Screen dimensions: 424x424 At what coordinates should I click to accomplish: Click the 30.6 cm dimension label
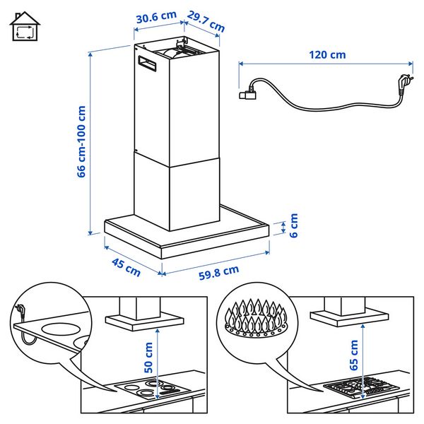point(156,15)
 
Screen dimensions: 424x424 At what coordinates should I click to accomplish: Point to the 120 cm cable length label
point(327,54)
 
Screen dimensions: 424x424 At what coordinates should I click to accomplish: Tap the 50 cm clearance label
point(148,358)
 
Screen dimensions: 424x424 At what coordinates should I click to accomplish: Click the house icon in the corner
point(25,28)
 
